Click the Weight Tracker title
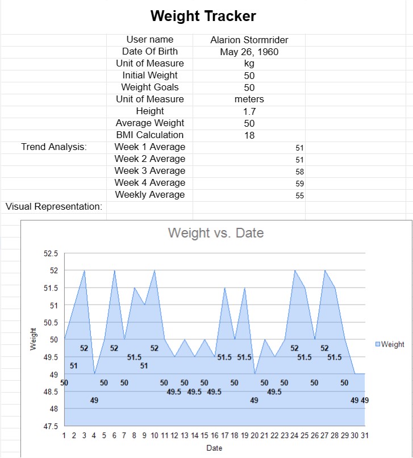click(x=203, y=16)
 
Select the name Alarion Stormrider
click(x=249, y=40)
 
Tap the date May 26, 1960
click(x=249, y=52)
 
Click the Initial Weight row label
click(x=150, y=76)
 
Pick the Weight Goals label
click(x=150, y=88)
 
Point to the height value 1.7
click(x=249, y=111)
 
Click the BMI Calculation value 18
click(x=249, y=135)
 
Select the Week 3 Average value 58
click(x=300, y=172)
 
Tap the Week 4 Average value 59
click(x=300, y=184)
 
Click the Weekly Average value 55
click(x=300, y=195)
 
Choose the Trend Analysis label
click(x=54, y=147)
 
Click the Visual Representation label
click(x=54, y=206)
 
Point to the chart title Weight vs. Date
click(x=216, y=232)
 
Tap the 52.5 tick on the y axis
click(x=51, y=253)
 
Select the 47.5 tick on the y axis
click(x=51, y=426)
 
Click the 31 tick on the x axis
click(x=364, y=435)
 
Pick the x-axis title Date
click(x=214, y=448)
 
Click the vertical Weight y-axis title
click(x=32, y=340)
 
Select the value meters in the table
click(x=249, y=99)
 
